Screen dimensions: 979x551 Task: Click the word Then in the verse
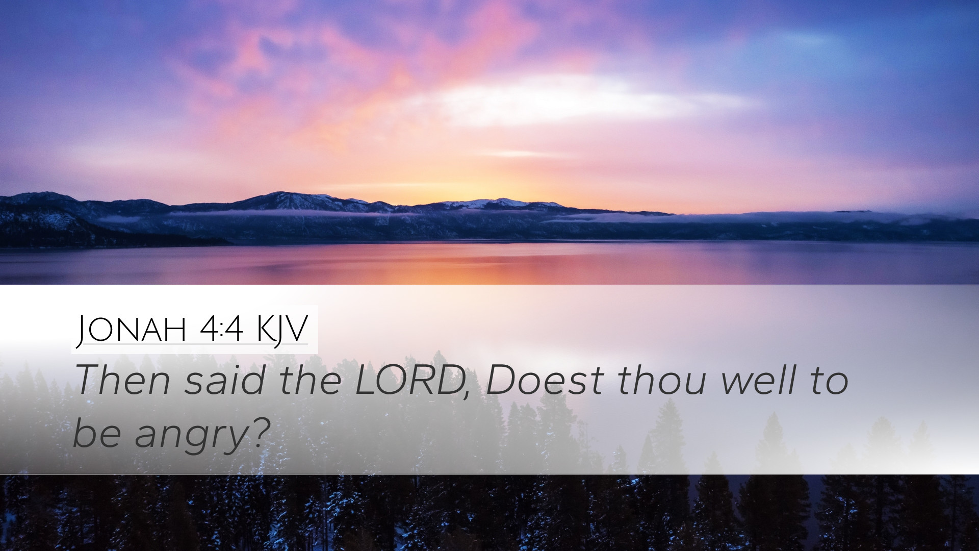(x=122, y=381)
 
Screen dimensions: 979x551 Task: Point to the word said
(x=225, y=381)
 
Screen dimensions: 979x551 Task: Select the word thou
(x=661, y=381)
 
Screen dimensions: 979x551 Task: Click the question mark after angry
(x=260, y=432)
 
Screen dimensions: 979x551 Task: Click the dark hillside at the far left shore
(x=61, y=224)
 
